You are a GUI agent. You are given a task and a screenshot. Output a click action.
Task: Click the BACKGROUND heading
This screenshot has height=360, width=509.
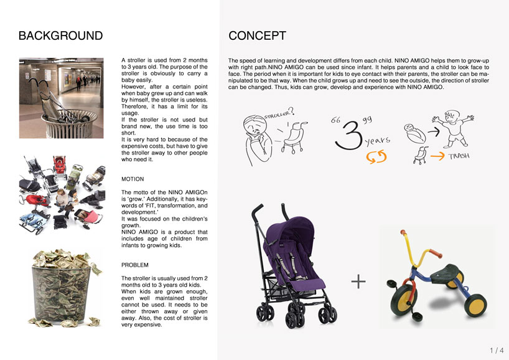[x=60, y=35]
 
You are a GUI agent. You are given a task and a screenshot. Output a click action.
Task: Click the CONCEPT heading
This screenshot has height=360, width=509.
[x=258, y=35]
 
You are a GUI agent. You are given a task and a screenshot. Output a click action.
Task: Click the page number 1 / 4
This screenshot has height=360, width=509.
[x=495, y=350]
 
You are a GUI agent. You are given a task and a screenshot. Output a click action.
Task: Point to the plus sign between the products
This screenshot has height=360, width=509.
[x=358, y=282]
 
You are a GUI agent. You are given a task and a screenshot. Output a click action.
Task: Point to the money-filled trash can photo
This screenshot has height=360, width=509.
[x=60, y=287]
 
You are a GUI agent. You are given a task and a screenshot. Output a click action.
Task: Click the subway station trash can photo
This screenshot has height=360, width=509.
[x=60, y=98]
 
